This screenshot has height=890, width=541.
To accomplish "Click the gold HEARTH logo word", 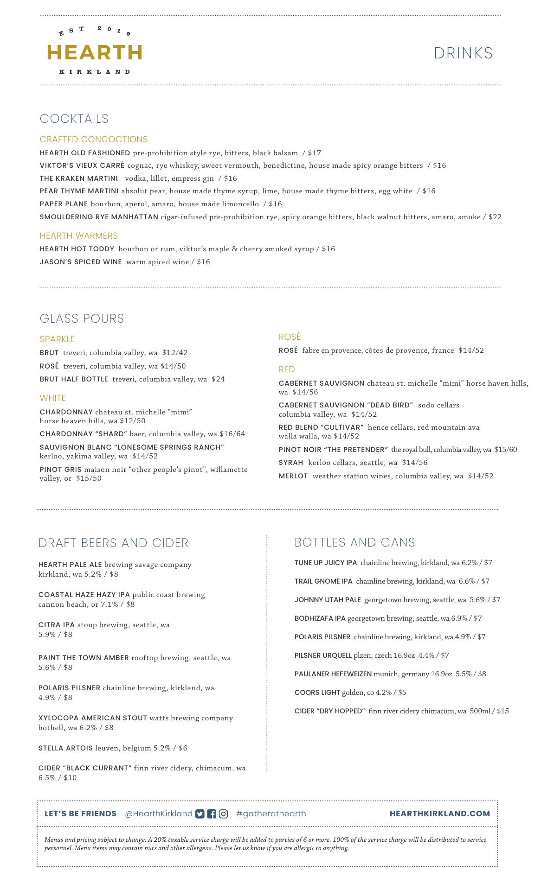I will tap(95, 52).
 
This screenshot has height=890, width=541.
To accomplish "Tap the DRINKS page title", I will tap(463, 53).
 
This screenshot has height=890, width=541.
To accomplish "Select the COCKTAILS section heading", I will tap(74, 119).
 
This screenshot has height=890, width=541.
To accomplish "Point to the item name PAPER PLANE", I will tap(64, 204).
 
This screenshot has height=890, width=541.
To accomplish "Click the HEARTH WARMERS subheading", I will tap(79, 235).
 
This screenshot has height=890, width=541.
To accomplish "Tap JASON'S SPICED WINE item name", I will tap(81, 262).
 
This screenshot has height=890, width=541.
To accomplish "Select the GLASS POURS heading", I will tap(82, 318).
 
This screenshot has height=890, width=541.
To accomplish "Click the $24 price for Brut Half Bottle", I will tap(218, 379).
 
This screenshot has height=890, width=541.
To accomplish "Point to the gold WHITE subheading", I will tap(53, 398).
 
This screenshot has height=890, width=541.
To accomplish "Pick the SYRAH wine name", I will tap(291, 463).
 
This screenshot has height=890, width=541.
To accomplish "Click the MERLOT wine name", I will tap(293, 476).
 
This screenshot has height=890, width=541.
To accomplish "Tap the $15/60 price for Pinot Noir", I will tap(505, 450).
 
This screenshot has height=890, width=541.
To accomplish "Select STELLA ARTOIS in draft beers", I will tap(65, 748).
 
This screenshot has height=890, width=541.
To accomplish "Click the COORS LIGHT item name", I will tap(317, 693).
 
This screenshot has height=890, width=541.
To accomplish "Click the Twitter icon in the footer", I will tap(200, 814).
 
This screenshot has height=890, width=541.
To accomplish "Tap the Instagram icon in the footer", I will tap(223, 814).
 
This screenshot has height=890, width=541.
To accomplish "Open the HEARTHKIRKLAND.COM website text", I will tap(439, 814).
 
